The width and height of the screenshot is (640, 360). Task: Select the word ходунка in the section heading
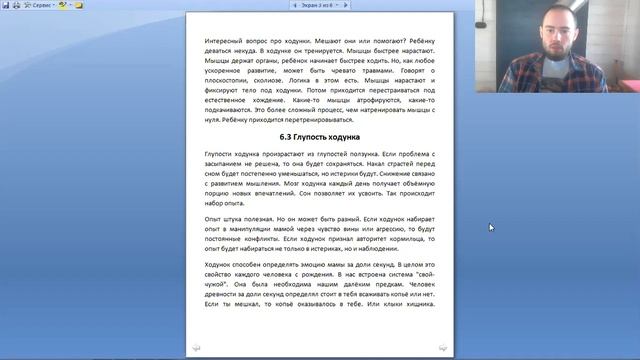[342, 136]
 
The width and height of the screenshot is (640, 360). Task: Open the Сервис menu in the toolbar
[41, 5]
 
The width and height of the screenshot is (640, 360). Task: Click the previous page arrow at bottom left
[196, 347]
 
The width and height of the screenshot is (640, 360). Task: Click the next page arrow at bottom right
[442, 347]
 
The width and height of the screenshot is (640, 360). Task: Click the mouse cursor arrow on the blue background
[491, 228]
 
